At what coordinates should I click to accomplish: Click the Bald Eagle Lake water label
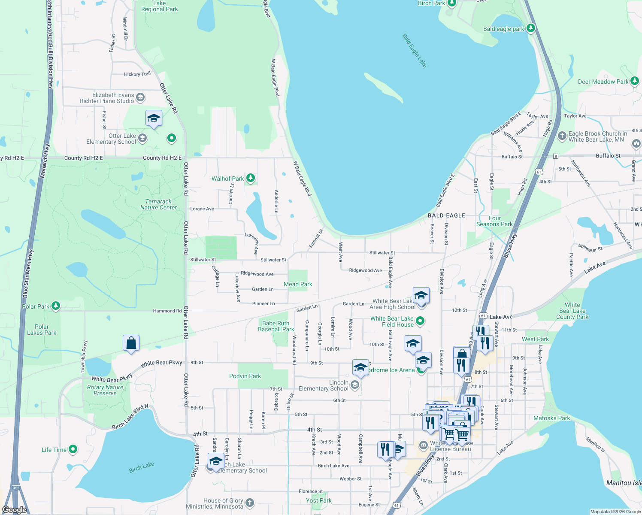click(x=415, y=51)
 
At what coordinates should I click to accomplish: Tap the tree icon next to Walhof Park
click(x=250, y=178)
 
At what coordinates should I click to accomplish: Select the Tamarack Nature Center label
click(x=158, y=204)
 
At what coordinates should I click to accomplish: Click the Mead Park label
click(x=298, y=284)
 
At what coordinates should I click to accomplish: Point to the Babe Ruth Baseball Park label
click(x=276, y=326)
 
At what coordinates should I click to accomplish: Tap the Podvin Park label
click(x=245, y=376)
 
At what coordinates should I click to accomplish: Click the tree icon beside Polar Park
click(x=55, y=306)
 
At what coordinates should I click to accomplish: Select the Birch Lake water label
click(x=142, y=467)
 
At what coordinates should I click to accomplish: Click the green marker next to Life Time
click(x=73, y=449)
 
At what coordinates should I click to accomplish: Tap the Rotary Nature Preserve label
click(x=105, y=390)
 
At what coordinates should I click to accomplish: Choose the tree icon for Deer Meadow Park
click(x=635, y=81)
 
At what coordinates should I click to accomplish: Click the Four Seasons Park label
click(x=494, y=221)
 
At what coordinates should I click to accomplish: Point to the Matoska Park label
click(x=552, y=418)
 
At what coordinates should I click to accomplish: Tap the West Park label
click(x=535, y=339)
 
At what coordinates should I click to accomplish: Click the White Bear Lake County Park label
click(x=572, y=311)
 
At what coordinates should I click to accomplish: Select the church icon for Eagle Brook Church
click(x=562, y=136)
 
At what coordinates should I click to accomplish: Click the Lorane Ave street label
click(x=202, y=209)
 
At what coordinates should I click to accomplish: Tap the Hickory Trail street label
click(x=137, y=74)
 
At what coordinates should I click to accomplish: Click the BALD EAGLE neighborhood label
click(x=446, y=215)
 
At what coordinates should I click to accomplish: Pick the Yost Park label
click(x=319, y=500)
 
